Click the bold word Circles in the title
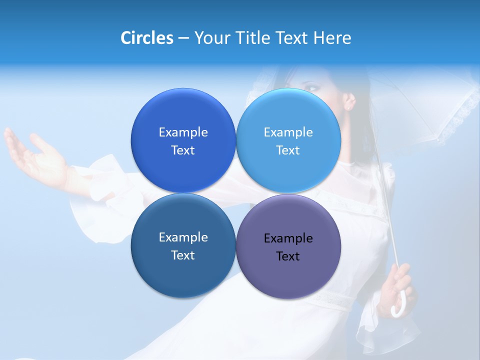(x=147, y=38)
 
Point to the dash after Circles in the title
(x=183, y=38)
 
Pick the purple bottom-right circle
(x=288, y=275)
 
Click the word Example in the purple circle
(x=288, y=238)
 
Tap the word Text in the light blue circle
(x=288, y=150)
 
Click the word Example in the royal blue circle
(x=183, y=132)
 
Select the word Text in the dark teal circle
(x=183, y=255)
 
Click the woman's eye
(x=312, y=88)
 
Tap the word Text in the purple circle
(x=288, y=256)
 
